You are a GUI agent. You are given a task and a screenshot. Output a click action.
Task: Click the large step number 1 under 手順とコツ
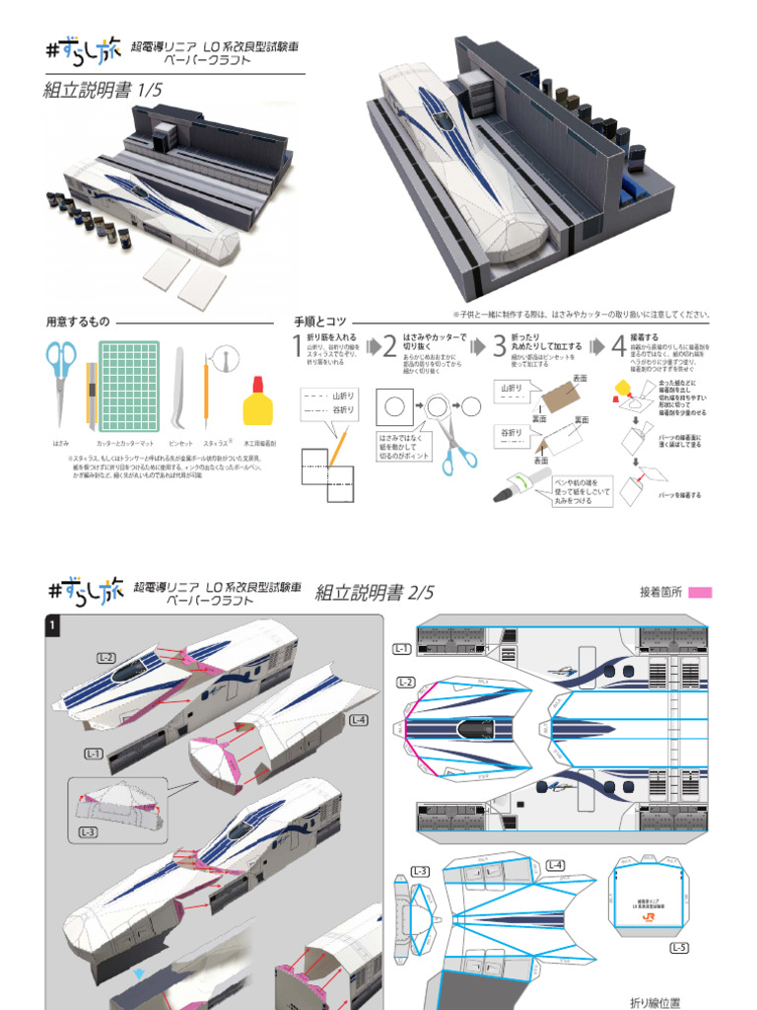[297, 346]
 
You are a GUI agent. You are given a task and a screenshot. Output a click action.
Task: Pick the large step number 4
[618, 347]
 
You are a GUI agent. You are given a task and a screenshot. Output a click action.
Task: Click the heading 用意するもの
[78, 322]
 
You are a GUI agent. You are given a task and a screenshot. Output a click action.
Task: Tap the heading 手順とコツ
[320, 322]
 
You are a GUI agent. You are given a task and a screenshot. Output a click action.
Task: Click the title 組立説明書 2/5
[375, 592]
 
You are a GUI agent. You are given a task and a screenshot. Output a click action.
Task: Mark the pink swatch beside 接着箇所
[699, 592]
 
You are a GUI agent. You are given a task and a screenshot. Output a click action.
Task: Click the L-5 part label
[679, 949]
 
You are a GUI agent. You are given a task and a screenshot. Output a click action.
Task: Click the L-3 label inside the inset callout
[88, 831]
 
